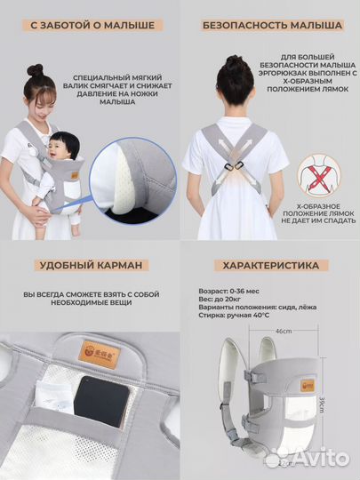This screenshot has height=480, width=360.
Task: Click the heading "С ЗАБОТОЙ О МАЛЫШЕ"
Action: tap(92, 26)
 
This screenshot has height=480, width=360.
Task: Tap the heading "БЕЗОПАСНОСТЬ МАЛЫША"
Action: tap(272, 26)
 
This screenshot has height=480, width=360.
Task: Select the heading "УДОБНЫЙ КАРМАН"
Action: tap(92, 265)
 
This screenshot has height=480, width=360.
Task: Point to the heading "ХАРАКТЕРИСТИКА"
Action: tap(271, 266)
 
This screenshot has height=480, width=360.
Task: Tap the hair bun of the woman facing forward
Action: tap(35, 70)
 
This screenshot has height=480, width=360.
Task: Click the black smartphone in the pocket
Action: tap(101, 401)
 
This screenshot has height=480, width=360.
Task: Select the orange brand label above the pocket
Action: tap(100, 355)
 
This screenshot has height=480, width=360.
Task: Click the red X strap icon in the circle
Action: tap(319, 176)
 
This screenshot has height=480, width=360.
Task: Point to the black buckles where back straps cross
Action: tap(233, 167)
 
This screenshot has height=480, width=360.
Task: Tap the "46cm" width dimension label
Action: tap(284, 332)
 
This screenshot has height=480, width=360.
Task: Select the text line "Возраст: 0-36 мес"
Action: tap(228, 292)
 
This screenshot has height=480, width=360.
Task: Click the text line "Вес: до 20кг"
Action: tap(220, 299)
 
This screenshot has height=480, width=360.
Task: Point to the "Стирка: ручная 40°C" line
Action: tap(234, 315)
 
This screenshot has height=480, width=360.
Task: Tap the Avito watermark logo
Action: tap(307, 459)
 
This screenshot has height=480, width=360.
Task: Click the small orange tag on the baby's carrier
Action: tap(75, 175)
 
